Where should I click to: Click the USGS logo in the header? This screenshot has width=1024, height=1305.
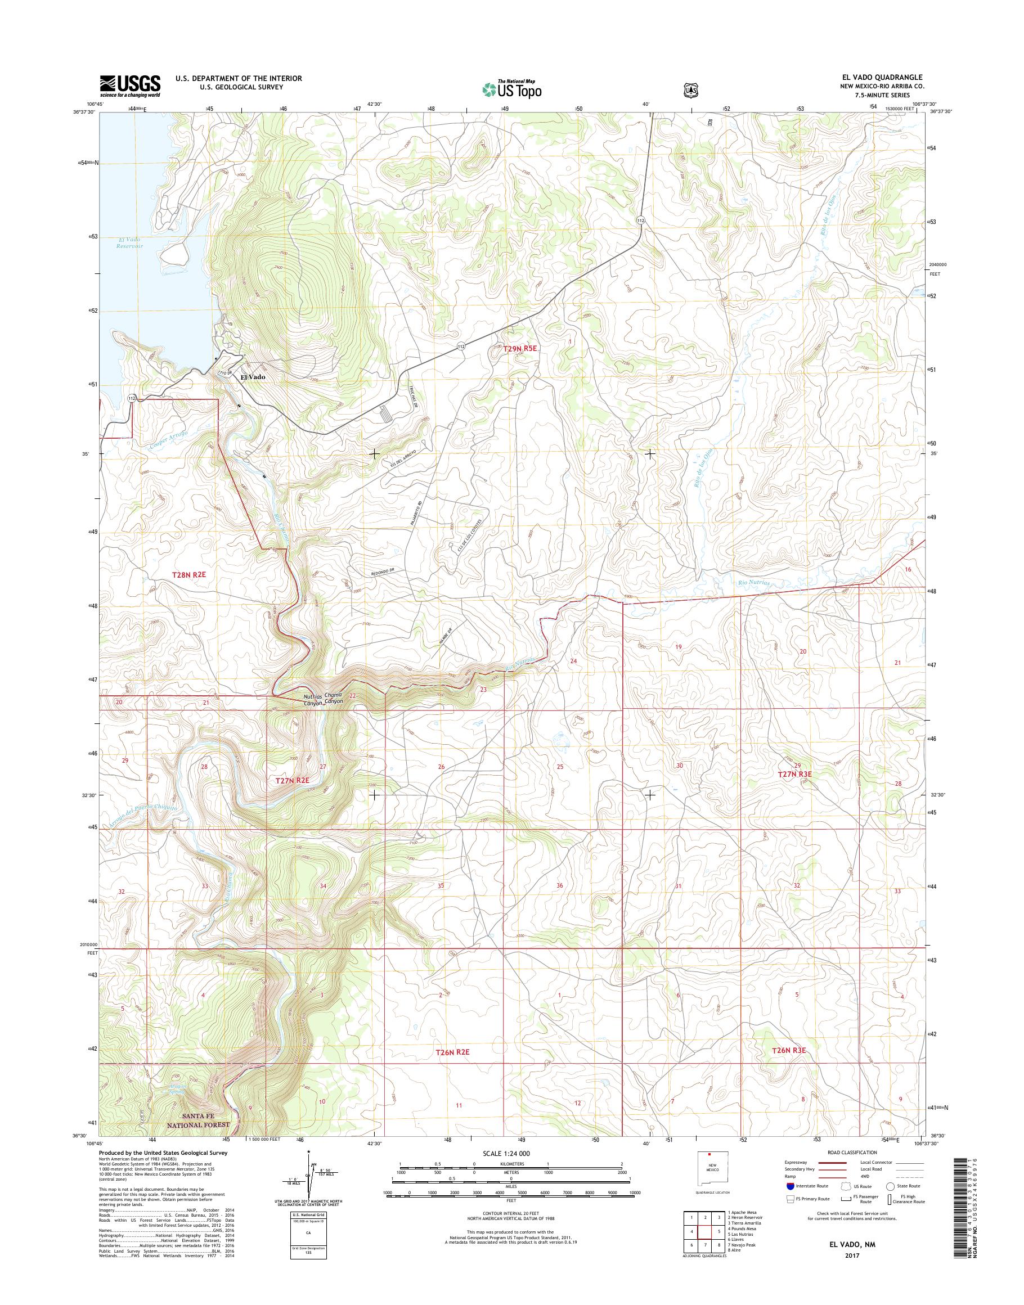point(130,85)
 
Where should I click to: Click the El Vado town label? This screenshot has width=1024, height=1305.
point(253,377)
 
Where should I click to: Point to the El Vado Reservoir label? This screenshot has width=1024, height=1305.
point(129,243)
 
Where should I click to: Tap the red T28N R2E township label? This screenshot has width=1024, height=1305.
point(189,574)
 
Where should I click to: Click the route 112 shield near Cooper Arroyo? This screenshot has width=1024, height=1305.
point(132,398)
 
